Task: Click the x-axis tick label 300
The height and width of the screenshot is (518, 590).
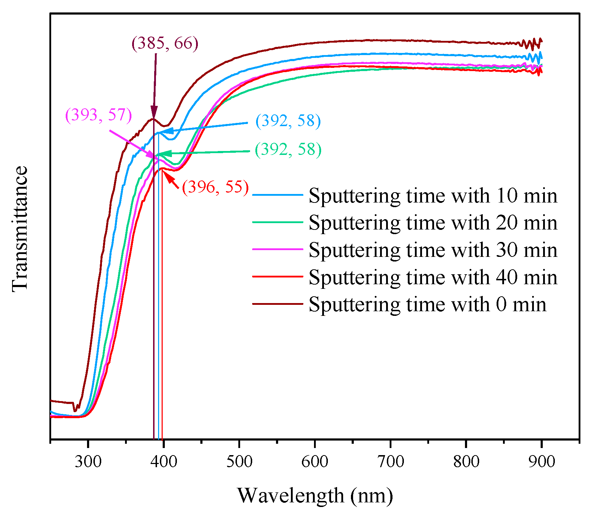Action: pyautogui.click(x=88, y=462)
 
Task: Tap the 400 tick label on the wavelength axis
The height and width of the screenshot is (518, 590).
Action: pyautogui.click(x=163, y=462)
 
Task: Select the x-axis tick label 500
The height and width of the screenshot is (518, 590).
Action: pyautogui.click(x=239, y=462)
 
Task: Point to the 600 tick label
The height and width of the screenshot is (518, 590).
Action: pyautogui.click(x=315, y=462)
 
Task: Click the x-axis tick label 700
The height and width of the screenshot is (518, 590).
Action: pyautogui.click(x=390, y=462)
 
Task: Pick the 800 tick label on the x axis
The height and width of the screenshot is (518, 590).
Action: pyautogui.click(x=466, y=462)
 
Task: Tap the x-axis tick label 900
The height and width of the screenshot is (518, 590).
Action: pyautogui.click(x=541, y=462)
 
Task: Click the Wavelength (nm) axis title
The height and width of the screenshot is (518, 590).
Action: pyautogui.click(x=315, y=495)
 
